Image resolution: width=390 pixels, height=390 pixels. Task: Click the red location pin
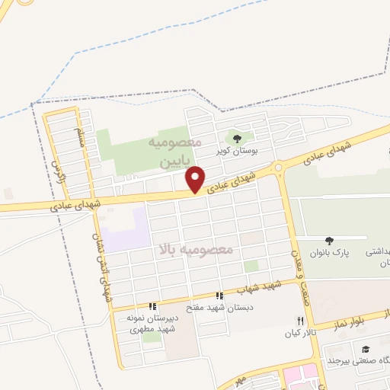tap(196, 179)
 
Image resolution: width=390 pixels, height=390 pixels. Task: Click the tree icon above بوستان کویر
tap(237, 139)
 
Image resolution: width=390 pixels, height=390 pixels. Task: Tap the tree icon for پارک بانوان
tap(329, 241)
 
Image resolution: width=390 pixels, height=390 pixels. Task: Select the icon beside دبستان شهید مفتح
tap(219, 296)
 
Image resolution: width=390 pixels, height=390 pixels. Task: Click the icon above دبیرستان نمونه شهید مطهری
tap(152, 306)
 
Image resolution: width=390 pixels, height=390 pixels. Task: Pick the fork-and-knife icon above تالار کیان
tap(300, 321)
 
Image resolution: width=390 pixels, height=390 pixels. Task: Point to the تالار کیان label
tap(300, 333)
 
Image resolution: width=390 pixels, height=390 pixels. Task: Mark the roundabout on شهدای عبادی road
tap(279, 167)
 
